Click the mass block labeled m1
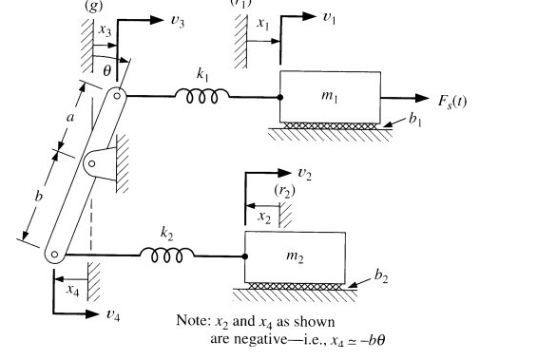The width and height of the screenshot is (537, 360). tap(331, 96)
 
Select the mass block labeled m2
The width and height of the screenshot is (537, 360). tap(296, 256)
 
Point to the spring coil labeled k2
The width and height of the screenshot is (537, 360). tap(167, 254)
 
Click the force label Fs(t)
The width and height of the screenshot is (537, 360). tap(451, 102)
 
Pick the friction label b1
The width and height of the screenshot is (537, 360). tap(414, 122)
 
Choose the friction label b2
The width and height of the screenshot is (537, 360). tap(381, 276)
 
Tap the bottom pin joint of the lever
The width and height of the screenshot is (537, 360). tap(55, 253)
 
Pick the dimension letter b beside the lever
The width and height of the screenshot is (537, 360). tap(39, 196)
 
